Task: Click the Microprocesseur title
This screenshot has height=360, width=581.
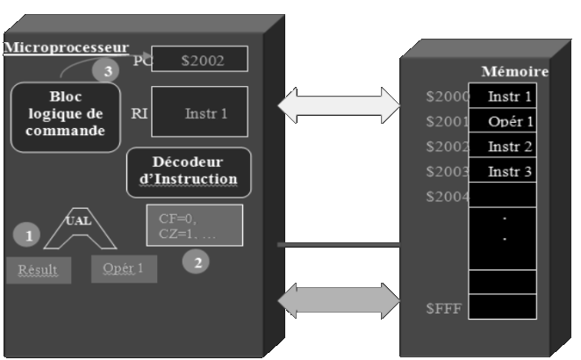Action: coord(67,47)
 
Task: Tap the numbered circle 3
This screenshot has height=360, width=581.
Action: coord(107,72)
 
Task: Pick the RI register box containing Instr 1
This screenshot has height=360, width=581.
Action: coord(199,112)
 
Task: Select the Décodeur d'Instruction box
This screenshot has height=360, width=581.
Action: coord(189,172)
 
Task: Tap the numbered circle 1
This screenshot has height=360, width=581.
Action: coord(28,234)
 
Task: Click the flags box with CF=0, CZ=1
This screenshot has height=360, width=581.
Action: coord(194,225)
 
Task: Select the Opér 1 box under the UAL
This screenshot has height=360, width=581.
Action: coord(124,268)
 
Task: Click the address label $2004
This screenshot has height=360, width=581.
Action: coord(444,196)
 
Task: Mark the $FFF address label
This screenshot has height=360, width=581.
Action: coord(443,308)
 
